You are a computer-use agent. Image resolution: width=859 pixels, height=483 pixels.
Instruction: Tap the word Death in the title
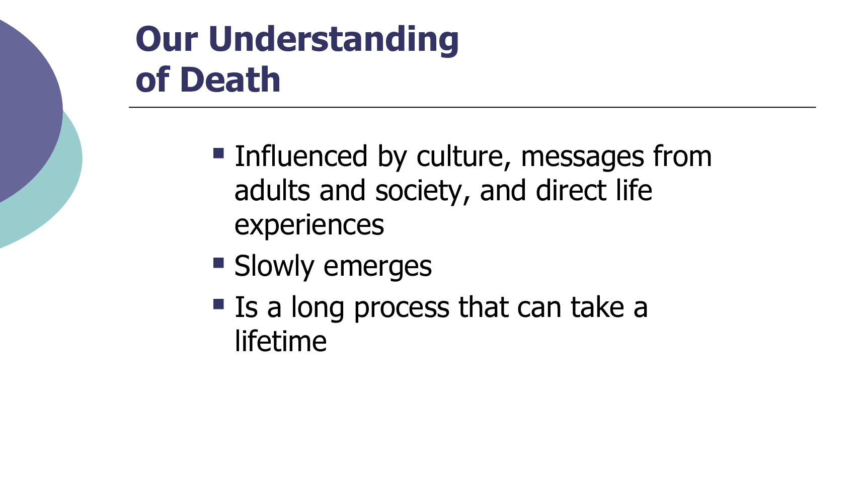coord(230,79)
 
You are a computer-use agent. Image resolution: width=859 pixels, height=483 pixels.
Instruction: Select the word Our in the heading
coord(167,39)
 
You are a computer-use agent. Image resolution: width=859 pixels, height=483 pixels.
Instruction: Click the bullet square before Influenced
coord(218,153)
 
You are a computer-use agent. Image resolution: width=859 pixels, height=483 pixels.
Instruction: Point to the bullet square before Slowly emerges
coord(218,263)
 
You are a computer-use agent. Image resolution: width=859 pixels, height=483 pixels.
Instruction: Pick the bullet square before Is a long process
coord(218,304)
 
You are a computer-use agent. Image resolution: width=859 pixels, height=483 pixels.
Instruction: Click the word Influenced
coord(301,156)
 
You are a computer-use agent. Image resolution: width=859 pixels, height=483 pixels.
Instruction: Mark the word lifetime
coord(281,341)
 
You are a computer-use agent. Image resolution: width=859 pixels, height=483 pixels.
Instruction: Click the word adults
coord(272,191)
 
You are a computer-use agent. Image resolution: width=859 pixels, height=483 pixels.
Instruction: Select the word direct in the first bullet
coord(571,191)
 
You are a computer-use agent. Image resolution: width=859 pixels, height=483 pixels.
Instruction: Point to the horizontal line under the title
coord(473,107)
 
